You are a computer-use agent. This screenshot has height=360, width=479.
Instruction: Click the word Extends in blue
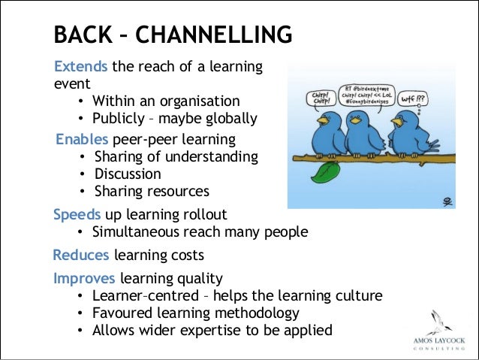(x=80, y=67)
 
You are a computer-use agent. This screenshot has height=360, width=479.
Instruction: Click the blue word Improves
(x=84, y=278)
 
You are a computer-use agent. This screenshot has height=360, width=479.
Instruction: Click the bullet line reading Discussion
(x=128, y=174)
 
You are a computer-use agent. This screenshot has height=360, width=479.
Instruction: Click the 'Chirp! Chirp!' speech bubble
(x=320, y=98)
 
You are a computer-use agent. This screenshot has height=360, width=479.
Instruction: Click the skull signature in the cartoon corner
(x=447, y=201)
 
